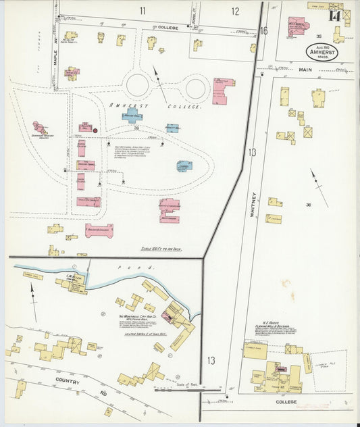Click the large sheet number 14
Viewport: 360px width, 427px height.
(334, 16)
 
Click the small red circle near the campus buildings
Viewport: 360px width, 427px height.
(96, 130)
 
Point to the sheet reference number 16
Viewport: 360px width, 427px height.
(264, 30)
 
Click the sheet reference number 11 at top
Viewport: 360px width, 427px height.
(143, 10)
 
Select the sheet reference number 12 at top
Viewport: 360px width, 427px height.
(235, 11)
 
